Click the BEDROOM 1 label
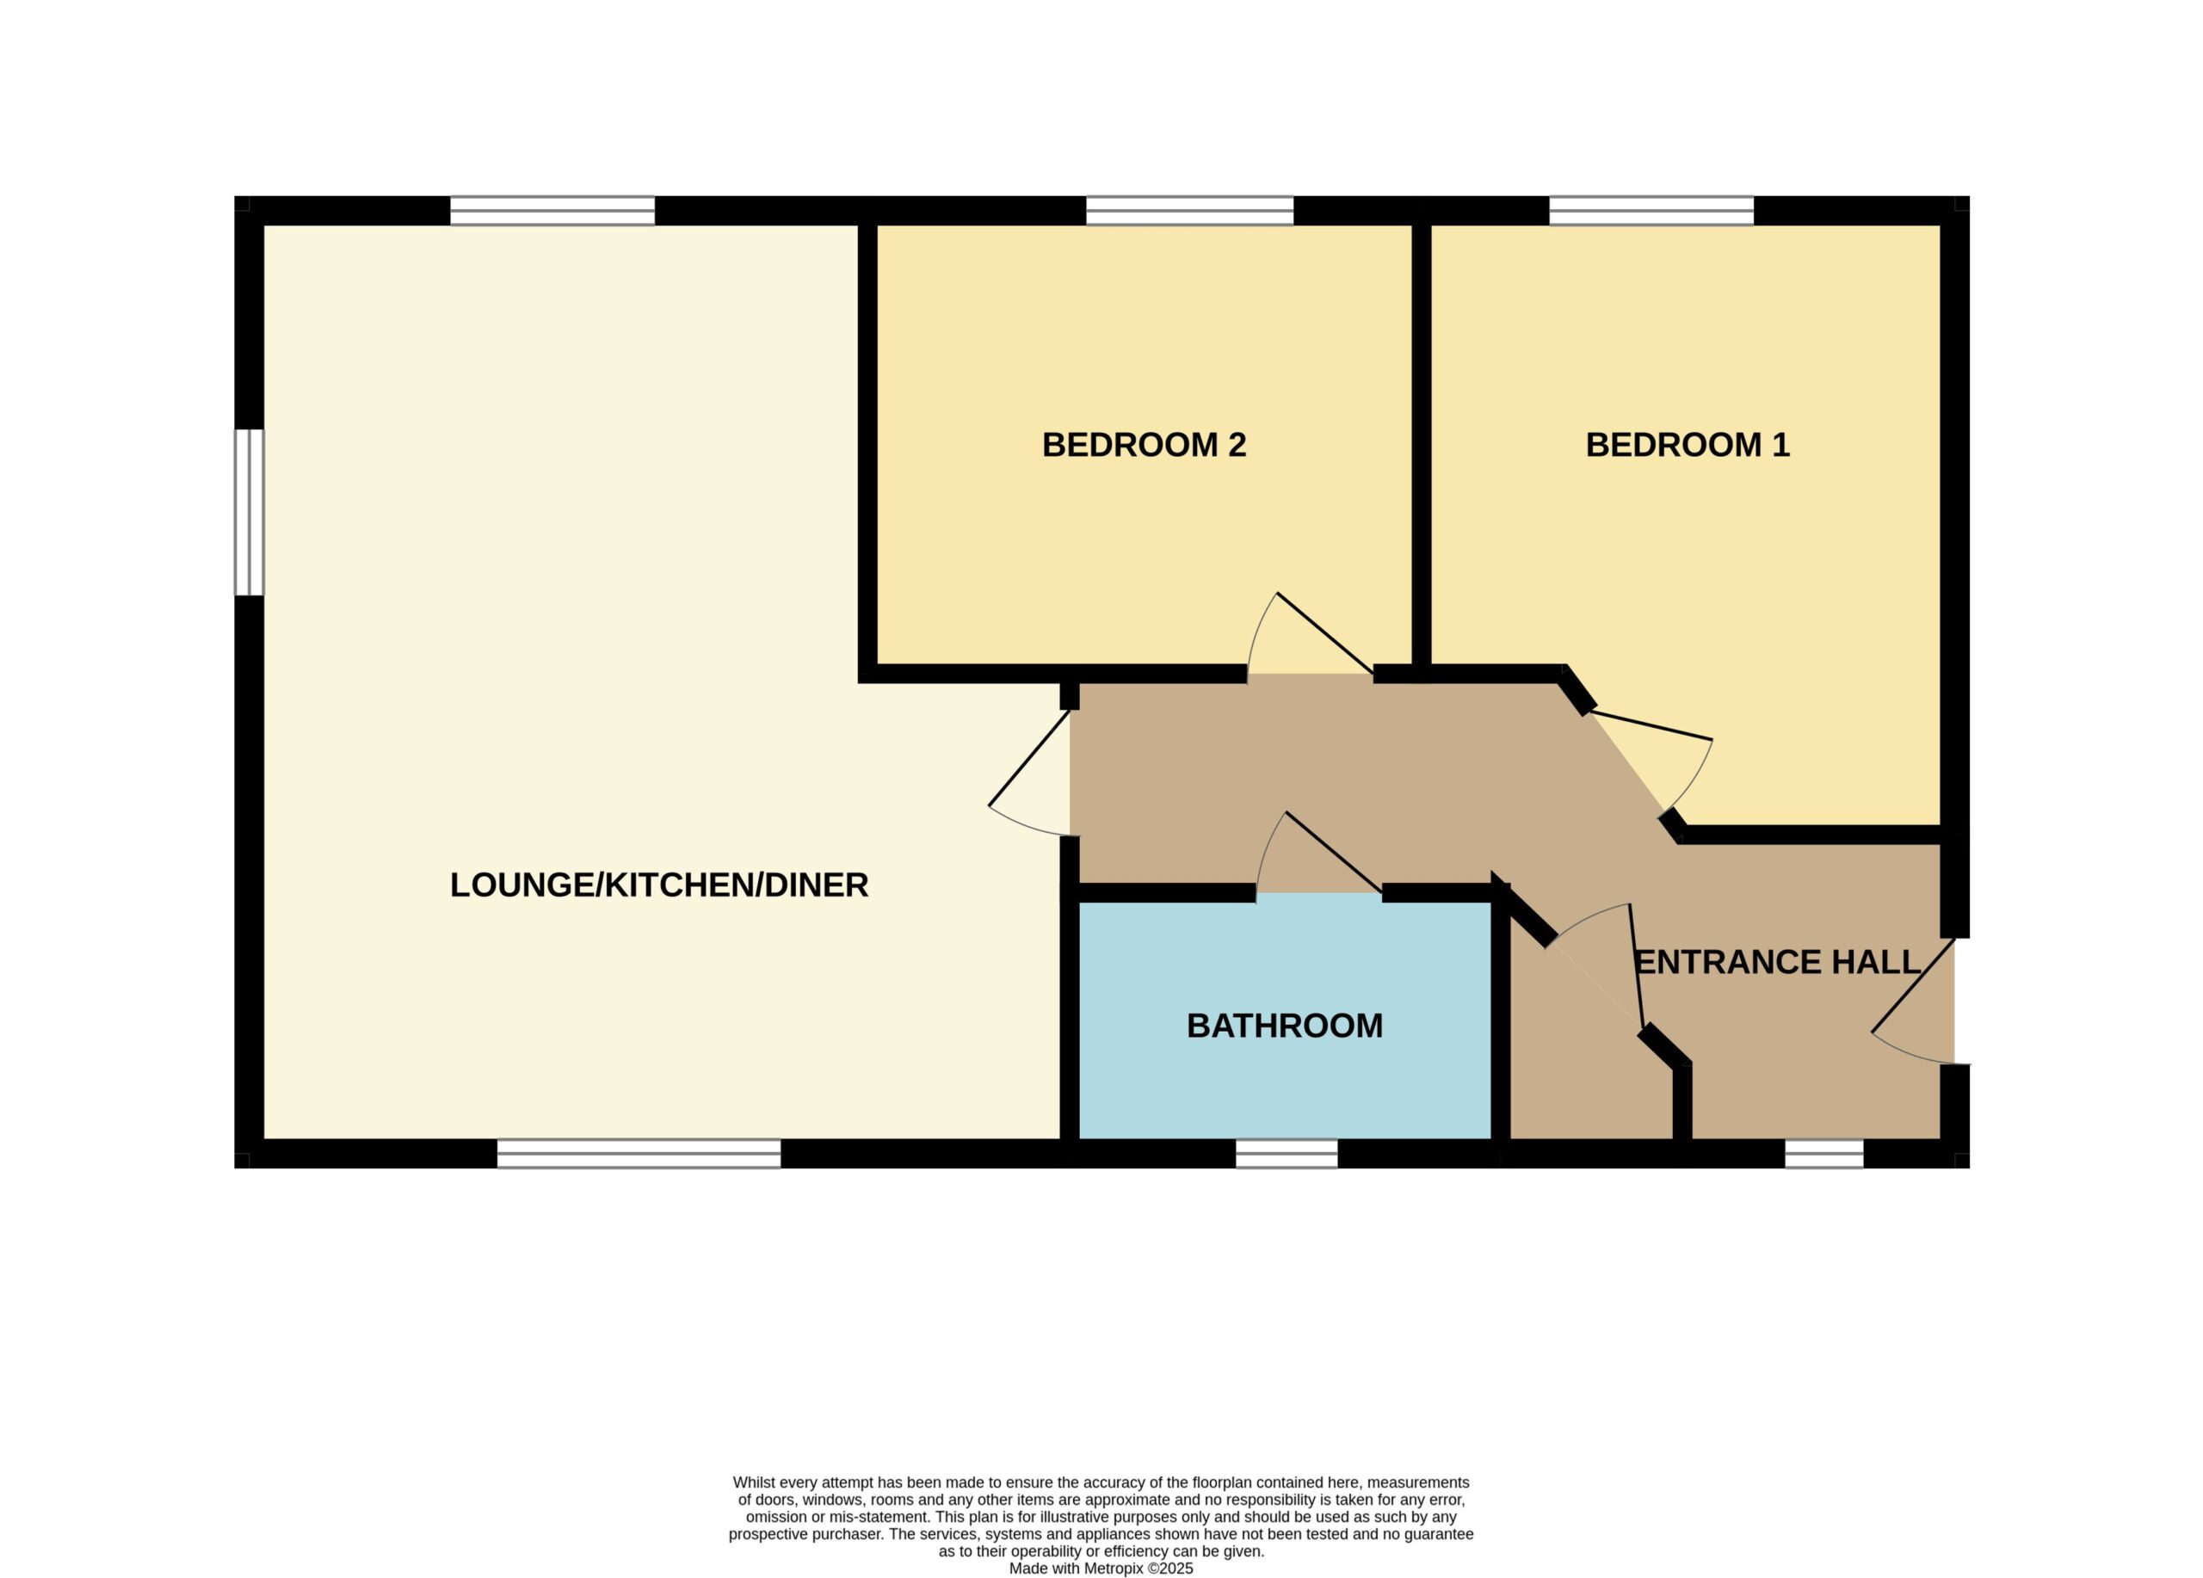(1688, 445)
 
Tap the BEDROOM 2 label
(1144, 445)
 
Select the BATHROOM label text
(1284, 1026)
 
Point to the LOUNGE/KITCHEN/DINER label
(658, 885)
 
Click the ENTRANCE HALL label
(1778, 961)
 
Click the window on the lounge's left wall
(249, 512)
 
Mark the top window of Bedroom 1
(1651, 211)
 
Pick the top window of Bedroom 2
(1189, 211)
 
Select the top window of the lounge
(552, 211)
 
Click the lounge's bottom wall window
(639, 1153)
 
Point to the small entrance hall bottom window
(1824, 1153)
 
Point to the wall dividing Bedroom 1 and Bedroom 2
(1421, 448)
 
